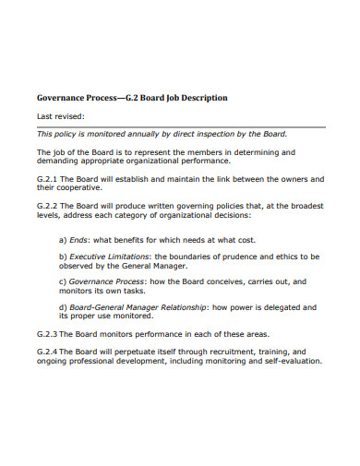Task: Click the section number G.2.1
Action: [x=47, y=178]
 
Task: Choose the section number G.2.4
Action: [x=47, y=352]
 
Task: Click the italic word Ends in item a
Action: [x=80, y=237]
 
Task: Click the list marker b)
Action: [x=63, y=256]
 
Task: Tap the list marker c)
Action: [x=63, y=281]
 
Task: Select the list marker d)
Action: [x=63, y=306]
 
